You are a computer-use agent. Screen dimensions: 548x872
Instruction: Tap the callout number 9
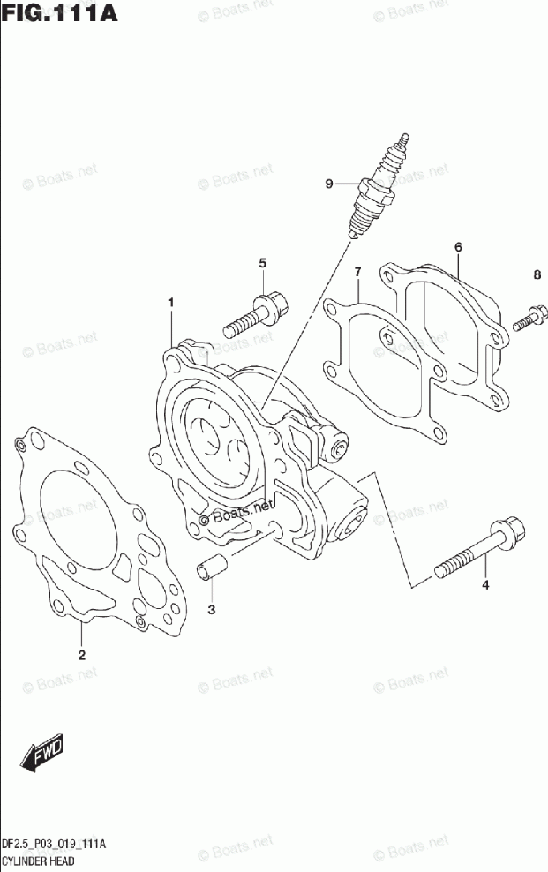(x=329, y=184)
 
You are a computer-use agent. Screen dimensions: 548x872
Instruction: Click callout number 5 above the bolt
(x=262, y=264)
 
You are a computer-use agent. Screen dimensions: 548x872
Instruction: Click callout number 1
(x=171, y=303)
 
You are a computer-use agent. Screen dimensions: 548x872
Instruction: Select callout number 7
(x=357, y=270)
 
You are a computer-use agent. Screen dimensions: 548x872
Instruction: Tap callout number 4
(x=484, y=585)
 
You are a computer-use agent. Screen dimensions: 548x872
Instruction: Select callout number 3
(x=212, y=609)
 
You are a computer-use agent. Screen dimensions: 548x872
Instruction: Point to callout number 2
(x=81, y=655)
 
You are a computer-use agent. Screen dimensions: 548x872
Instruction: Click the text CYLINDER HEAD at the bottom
(x=38, y=860)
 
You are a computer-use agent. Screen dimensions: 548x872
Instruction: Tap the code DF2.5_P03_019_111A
(x=54, y=845)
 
